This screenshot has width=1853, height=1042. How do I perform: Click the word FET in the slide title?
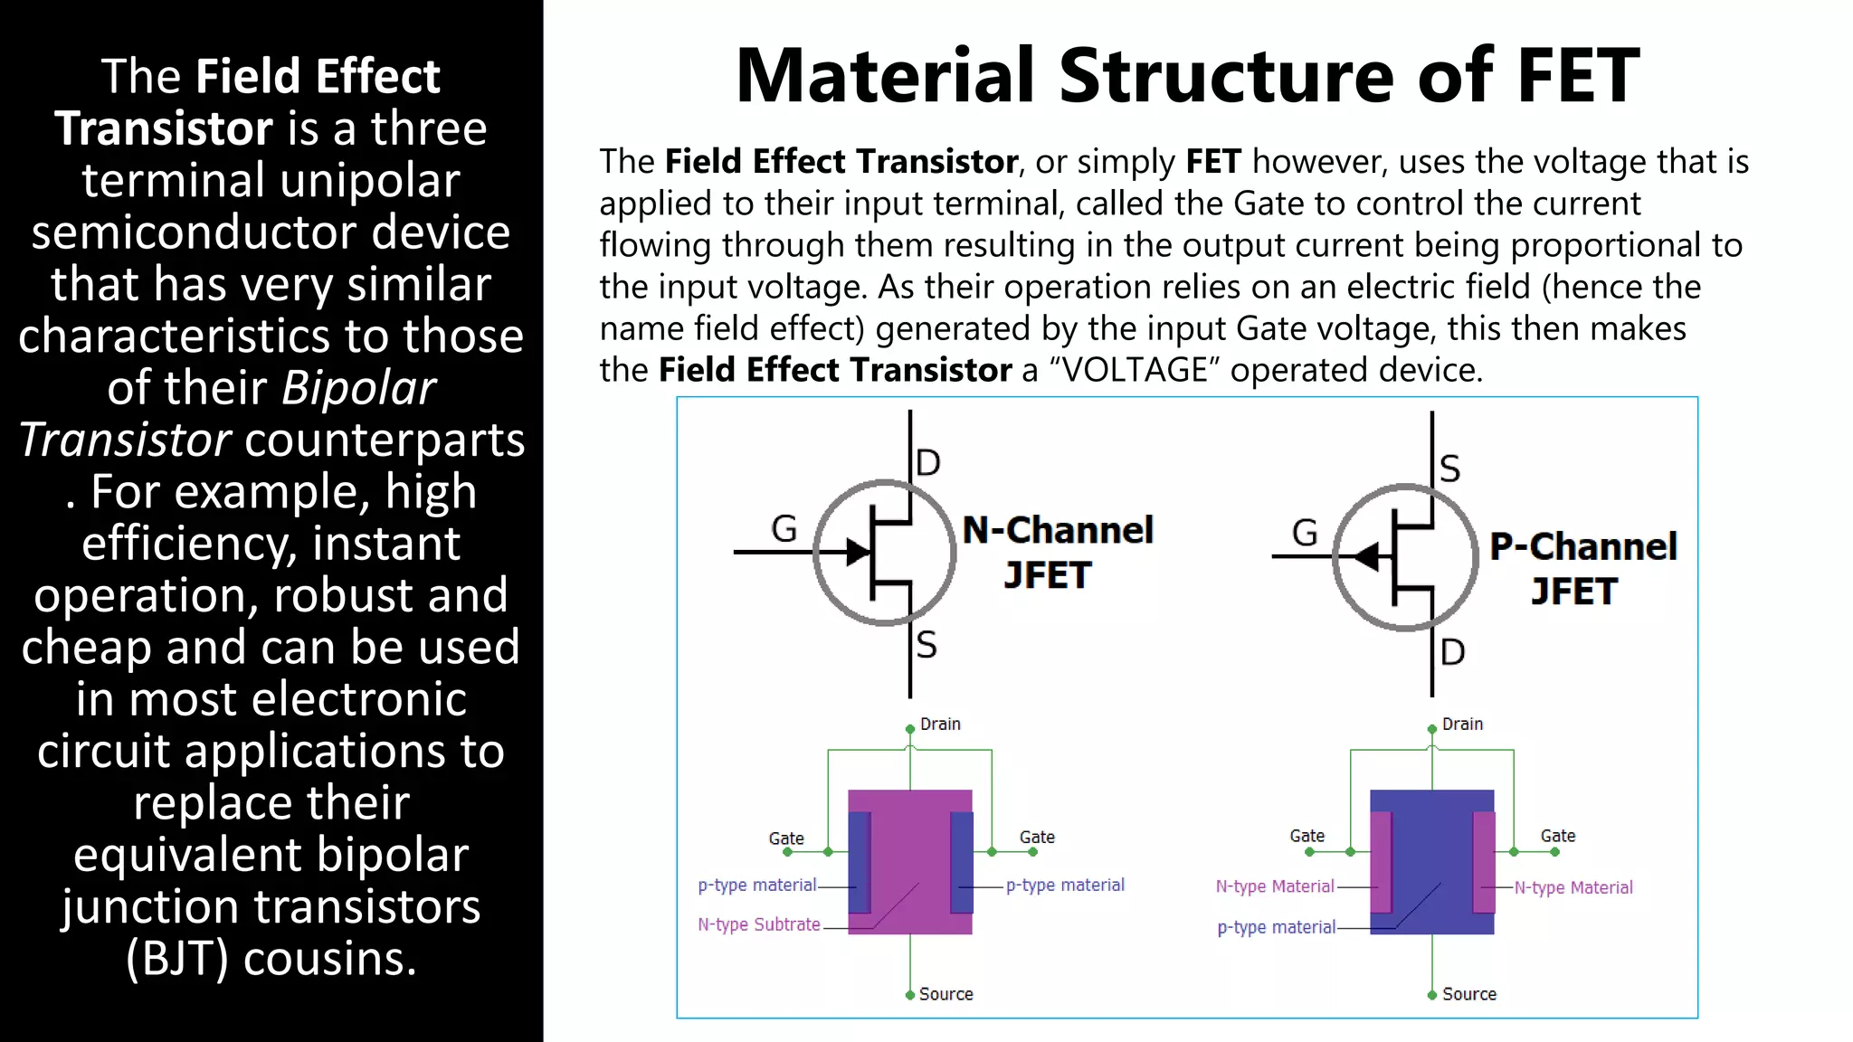click(1578, 76)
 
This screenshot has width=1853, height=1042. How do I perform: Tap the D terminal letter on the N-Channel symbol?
click(928, 463)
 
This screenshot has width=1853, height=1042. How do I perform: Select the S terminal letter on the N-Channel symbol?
click(926, 645)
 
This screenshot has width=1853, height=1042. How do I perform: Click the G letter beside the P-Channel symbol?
click(1305, 533)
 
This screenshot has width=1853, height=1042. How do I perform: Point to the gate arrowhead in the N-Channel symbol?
click(857, 551)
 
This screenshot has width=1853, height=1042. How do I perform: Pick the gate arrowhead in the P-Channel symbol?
click(1367, 556)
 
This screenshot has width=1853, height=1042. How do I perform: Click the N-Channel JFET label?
click(1057, 552)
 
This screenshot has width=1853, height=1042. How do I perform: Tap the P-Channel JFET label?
click(1582, 568)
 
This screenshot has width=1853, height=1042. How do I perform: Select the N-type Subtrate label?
click(758, 924)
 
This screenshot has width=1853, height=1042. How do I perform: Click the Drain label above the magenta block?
click(940, 725)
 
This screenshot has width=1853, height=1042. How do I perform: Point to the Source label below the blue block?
click(1468, 994)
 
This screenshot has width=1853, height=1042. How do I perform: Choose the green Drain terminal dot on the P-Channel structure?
click(1432, 729)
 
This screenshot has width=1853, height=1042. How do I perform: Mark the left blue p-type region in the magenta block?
click(860, 862)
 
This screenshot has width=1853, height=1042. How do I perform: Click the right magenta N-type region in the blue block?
click(1484, 862)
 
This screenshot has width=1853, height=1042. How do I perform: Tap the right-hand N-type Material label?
click(1573, 887)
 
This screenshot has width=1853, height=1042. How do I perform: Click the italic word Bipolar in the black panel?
click(358, 388)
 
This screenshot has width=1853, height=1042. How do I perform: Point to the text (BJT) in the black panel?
click(177, 959)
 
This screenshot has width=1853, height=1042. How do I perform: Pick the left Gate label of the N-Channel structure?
click(786, 838)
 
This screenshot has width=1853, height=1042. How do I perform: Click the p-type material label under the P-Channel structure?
click(1276, 927)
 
